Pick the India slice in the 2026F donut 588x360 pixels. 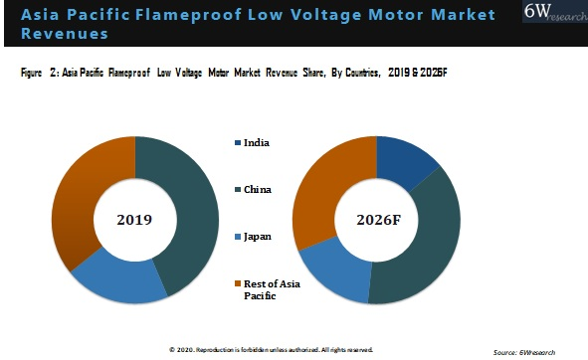point(410,159)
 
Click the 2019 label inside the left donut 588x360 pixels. point(135,219)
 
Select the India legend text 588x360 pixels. point(258,142)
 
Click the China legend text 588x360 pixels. point(260,188)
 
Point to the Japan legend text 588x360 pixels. point(259,238)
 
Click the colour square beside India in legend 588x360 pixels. point(237,143)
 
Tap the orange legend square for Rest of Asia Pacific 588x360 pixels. point(237,283)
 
